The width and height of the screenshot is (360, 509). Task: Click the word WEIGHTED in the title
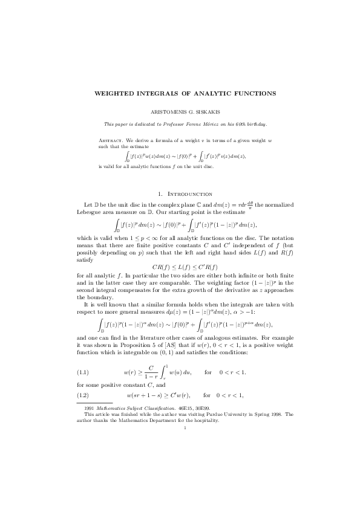pyautogui.click(x=115, y=94)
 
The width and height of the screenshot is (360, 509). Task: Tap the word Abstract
pyautogui.click(x=111, y=140)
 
